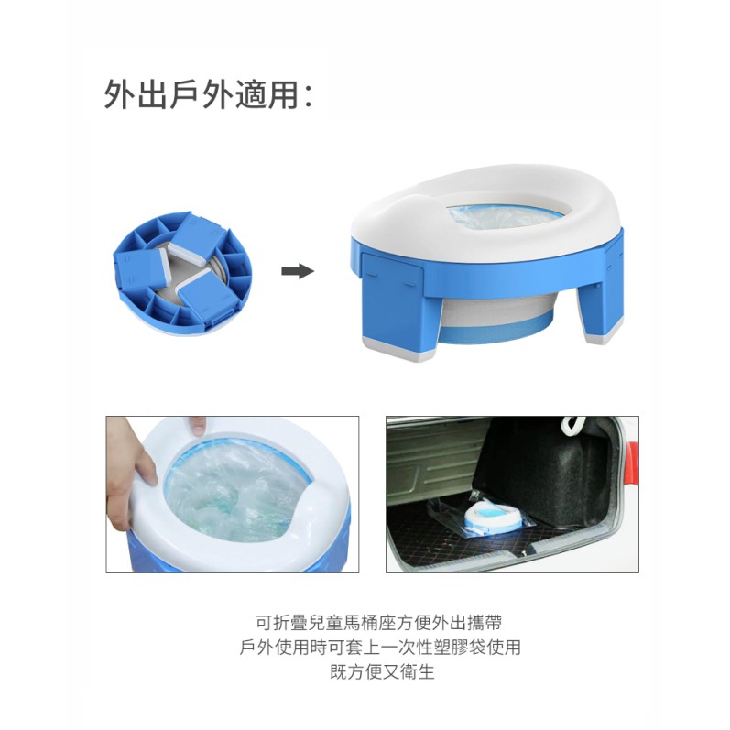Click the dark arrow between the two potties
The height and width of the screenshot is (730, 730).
298,271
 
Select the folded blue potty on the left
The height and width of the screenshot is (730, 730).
182,273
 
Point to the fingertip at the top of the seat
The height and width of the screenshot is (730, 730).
198,425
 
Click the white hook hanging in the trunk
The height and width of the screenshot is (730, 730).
574,425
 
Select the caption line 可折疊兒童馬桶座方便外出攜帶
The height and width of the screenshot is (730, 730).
379,623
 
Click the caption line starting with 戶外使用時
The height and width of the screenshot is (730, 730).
380,648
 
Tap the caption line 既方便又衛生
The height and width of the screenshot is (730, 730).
383,671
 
